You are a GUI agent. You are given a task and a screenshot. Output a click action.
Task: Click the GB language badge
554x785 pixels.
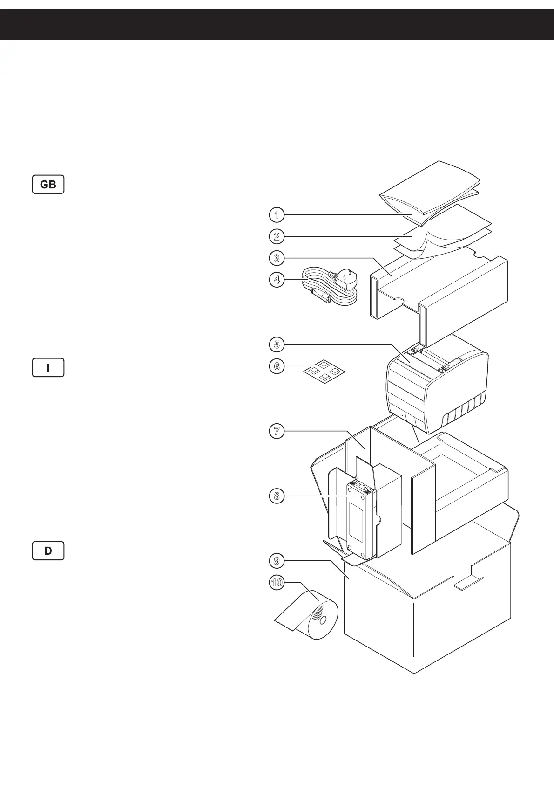(x=48, y=185)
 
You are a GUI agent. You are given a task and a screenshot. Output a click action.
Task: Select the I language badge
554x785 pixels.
(x=48, y=368)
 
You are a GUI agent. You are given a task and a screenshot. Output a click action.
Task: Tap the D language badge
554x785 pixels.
(x=48, y=551)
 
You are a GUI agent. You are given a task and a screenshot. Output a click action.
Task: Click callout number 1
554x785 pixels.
(x=277, y=215)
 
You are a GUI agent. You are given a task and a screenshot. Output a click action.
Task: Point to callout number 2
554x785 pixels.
(x=277, y=236)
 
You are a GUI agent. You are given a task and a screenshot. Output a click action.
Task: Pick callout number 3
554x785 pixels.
(x=277, y=258)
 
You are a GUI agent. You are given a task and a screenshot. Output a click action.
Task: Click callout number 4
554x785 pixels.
(x=277, y=280)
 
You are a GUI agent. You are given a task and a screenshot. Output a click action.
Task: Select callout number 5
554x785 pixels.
(x=277, y=344)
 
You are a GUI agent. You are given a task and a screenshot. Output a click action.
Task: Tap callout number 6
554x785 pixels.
(x=277, y=366)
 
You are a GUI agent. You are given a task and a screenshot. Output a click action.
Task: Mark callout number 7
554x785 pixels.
(x=277, y=431)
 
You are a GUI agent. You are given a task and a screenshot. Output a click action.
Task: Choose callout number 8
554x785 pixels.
(x=277, y=496)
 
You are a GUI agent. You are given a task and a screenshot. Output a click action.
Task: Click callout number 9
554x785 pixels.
(x=277, y=561)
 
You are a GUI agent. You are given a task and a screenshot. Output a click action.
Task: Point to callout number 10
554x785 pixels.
(x=277, y=583)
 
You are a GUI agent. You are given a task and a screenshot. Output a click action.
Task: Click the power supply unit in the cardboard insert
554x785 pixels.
(x=361, y=517)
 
